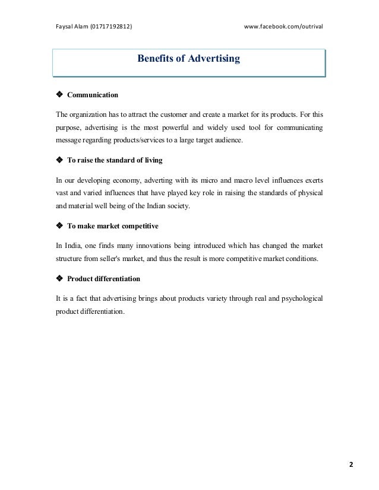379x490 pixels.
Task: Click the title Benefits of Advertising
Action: (x=188, y=59)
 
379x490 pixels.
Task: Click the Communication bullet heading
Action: (x=93, y=95)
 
